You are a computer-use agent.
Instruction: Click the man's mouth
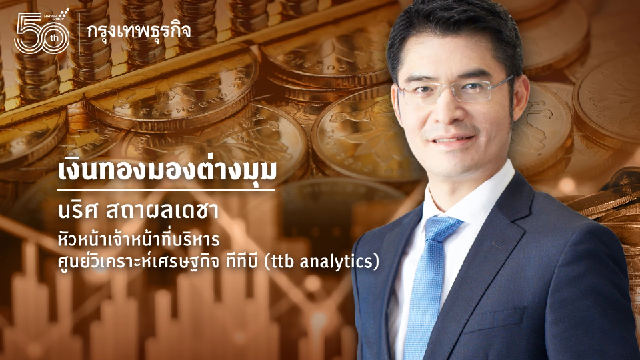[x=455, y=139]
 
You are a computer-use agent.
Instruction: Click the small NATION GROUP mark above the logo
[x=59, y=14]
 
